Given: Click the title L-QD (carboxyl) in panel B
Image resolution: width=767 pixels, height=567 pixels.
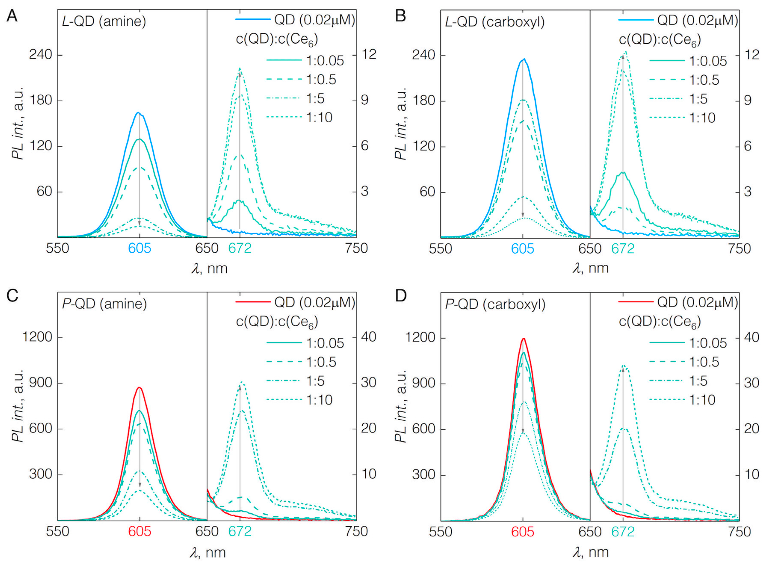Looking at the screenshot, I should pyautogui.click(x=494, y=22).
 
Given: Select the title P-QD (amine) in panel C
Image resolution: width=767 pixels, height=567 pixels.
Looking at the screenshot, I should pyautogui.click(x=104, y=304).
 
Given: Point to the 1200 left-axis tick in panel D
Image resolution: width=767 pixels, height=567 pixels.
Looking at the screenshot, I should pyautogui.click(x=421, y=337).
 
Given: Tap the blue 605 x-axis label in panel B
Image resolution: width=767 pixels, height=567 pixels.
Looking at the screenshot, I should pyautogui.click(x=522, y=248).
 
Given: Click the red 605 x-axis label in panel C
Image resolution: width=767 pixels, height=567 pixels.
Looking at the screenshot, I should pyautogui.click(x=140, y=531).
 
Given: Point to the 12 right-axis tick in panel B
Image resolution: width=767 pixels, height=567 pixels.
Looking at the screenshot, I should pyautogui.click(x=751, y=54).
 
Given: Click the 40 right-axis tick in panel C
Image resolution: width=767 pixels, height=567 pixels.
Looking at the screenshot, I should pyautogui.click(x=368, y=337).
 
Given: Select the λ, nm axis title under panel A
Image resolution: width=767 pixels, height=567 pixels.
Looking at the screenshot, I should pyautogui.click(x=209, y=268).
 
